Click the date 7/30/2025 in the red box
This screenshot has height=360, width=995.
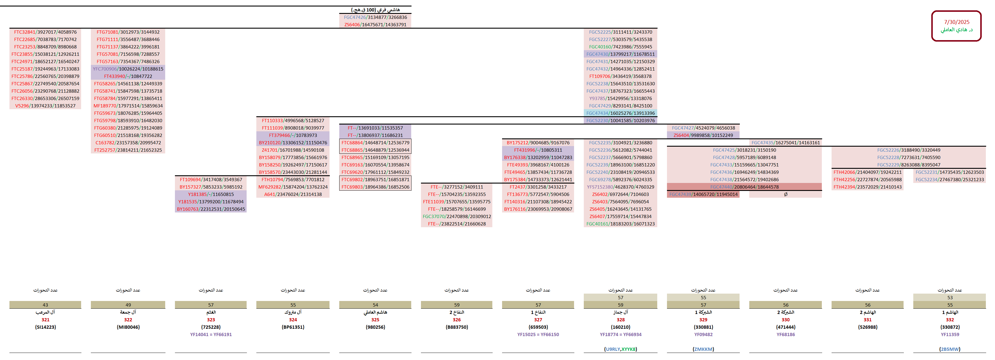(956, 22)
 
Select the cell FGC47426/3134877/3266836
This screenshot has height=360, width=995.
(375, 17)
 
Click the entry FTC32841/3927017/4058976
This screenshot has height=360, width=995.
(45, 32)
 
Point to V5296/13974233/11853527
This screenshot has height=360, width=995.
(45, 106)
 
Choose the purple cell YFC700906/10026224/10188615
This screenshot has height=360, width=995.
(128, 69)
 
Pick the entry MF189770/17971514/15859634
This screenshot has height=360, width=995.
(128, 106)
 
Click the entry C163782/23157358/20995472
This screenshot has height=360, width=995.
(128, 143)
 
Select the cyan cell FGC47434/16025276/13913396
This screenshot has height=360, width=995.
(620, 113)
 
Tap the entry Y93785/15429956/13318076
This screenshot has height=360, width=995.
(620, 99)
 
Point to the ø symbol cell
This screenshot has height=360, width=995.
(785, 194)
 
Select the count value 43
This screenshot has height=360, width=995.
(45, 305)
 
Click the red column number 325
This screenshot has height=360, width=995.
(375, 320)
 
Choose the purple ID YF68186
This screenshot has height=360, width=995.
(785, 335)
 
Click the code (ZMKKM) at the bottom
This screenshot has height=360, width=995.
(703, 349)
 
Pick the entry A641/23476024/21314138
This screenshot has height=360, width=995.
(293, 194)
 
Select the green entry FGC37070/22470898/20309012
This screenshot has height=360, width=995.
(457, 216)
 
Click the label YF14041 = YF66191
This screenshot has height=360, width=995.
(211, 335)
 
